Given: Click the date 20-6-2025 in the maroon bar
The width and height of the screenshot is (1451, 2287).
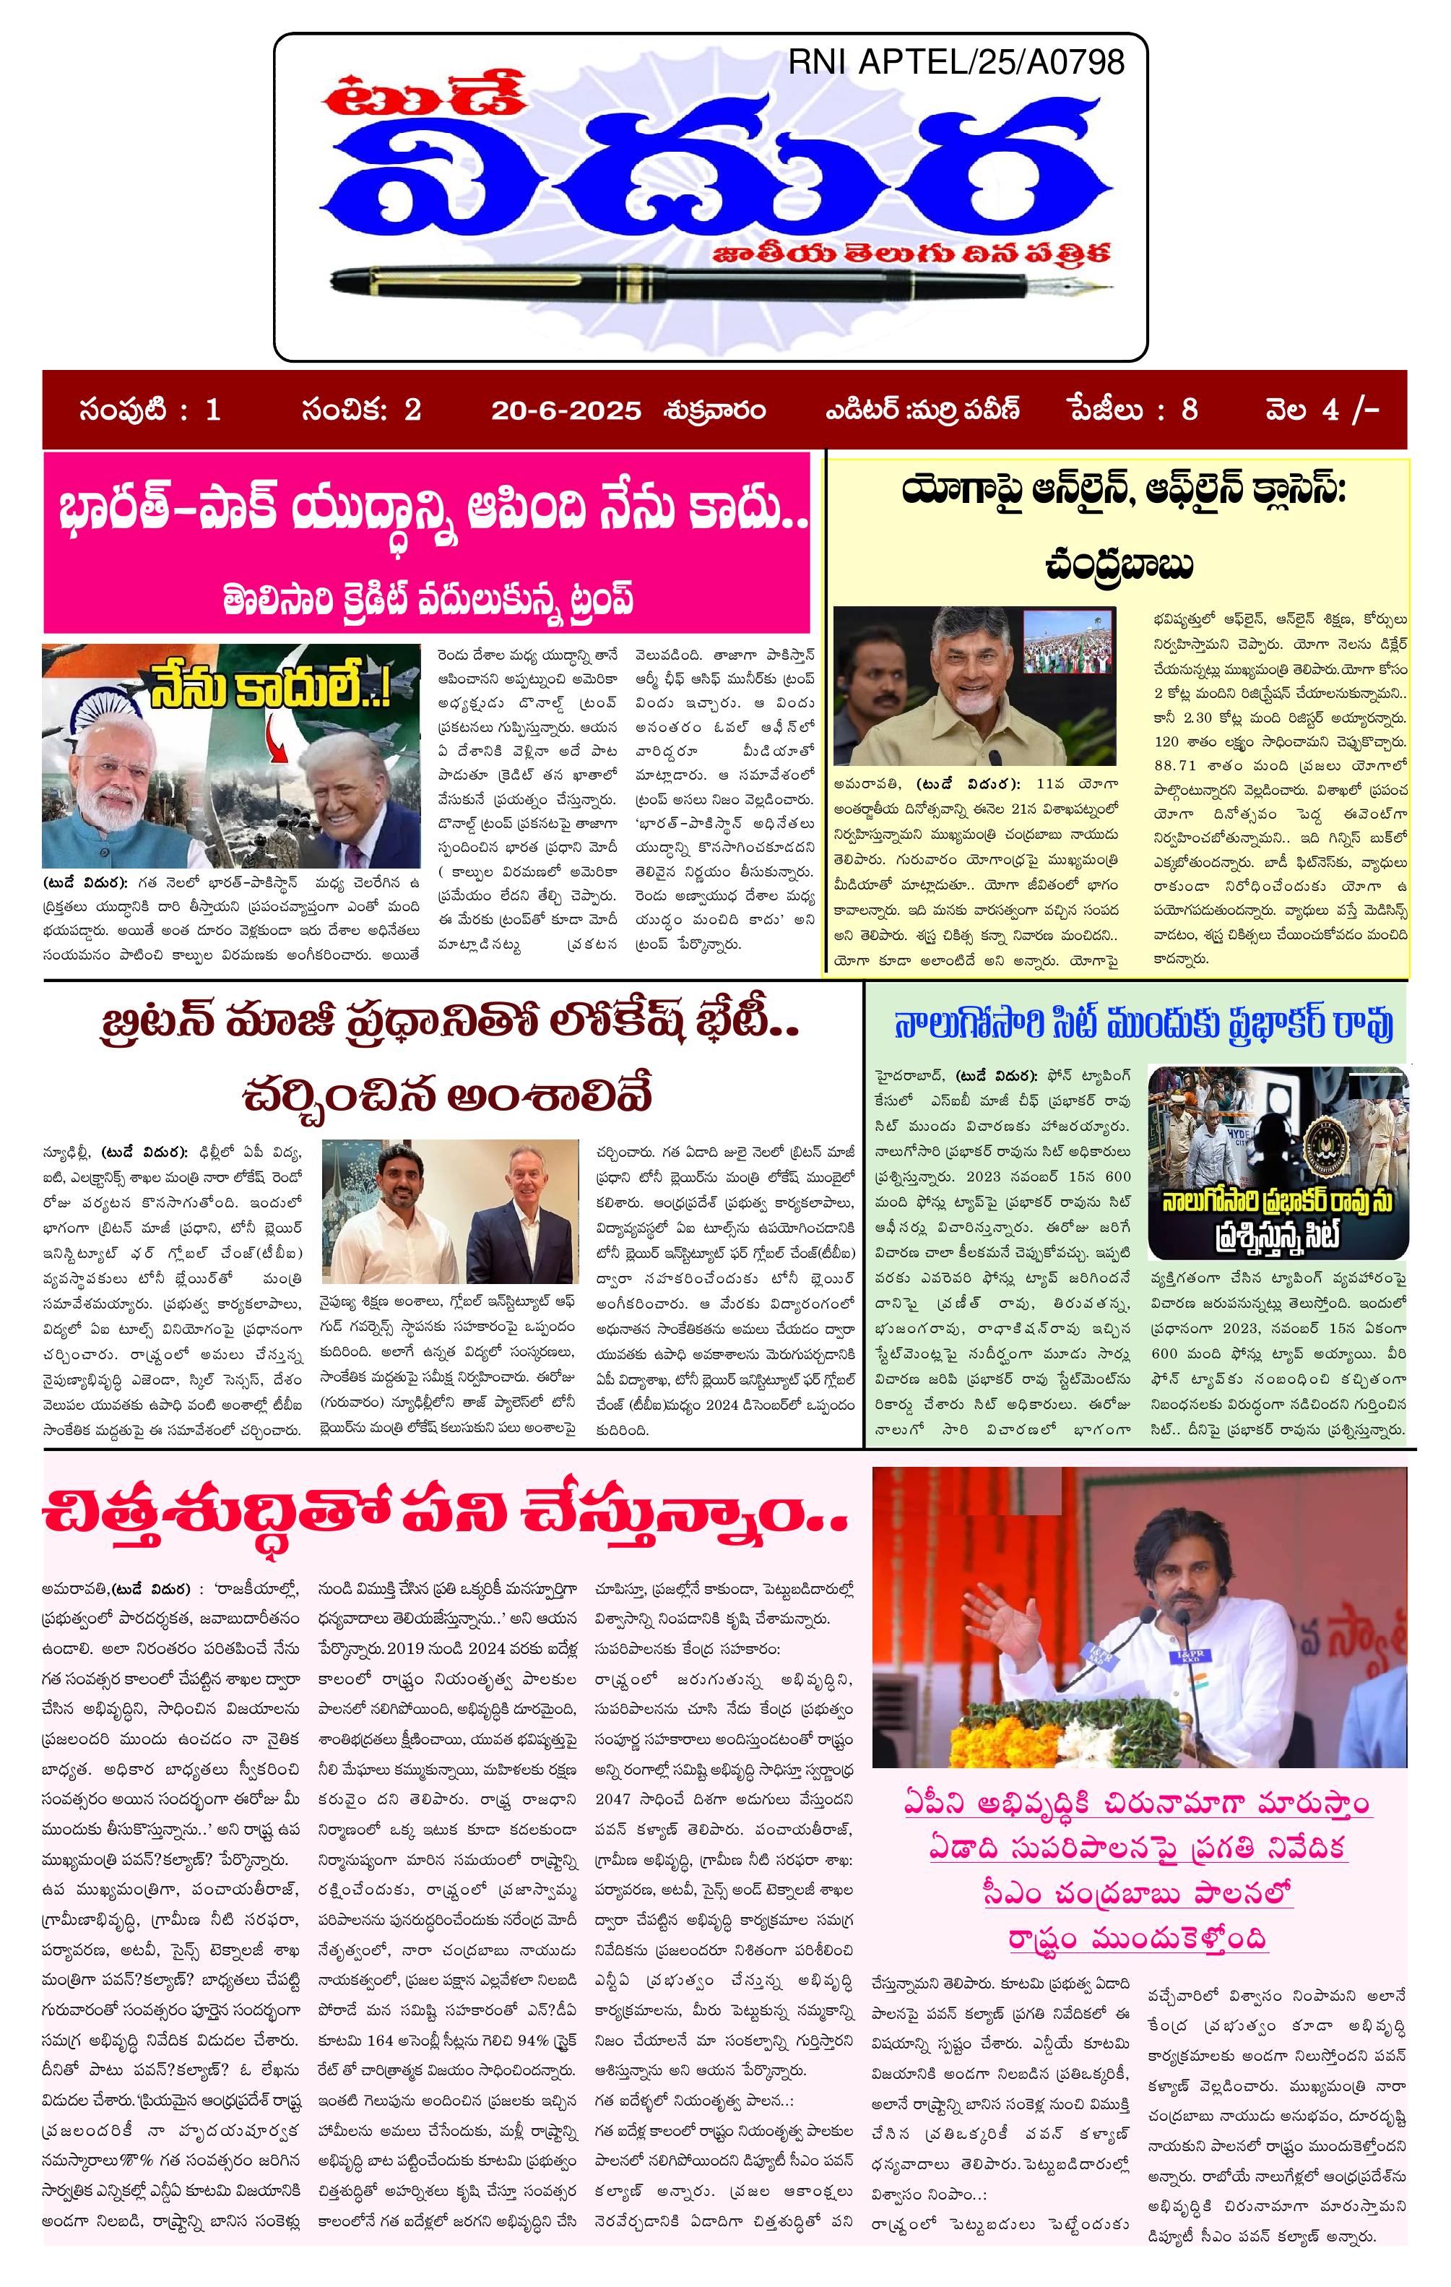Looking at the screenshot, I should click(566, 410).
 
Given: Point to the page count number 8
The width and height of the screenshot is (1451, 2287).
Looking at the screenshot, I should click(1189, 410).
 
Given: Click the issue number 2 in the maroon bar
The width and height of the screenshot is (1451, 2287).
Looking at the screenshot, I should click(412, 410).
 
